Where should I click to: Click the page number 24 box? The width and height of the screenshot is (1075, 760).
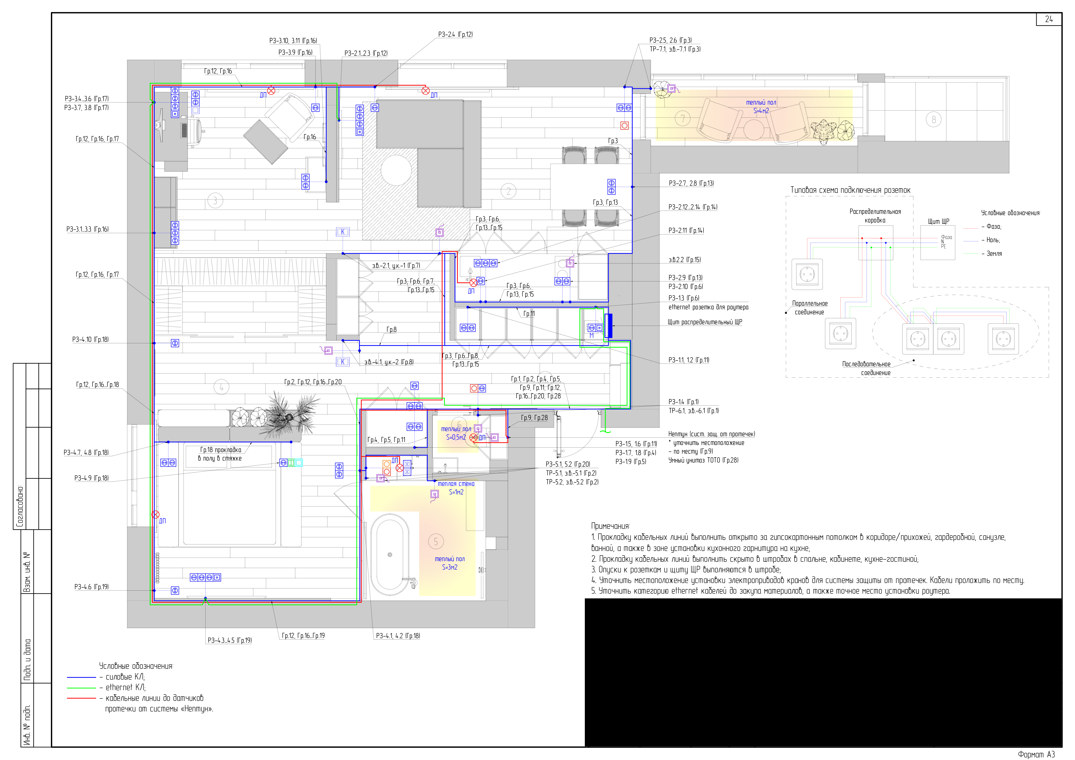click(1049, 19)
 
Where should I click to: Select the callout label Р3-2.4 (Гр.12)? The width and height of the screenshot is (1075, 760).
click(455, 35)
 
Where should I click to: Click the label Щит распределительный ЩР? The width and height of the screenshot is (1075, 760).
click(705, 322)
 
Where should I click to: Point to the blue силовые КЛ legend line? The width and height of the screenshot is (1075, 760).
click(81, 677)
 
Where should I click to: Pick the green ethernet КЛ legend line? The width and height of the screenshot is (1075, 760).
click(81, 688)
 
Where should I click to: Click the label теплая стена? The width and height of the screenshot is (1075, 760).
click(456, 484)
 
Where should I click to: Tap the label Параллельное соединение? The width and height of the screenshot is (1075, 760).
click(809, 308)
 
